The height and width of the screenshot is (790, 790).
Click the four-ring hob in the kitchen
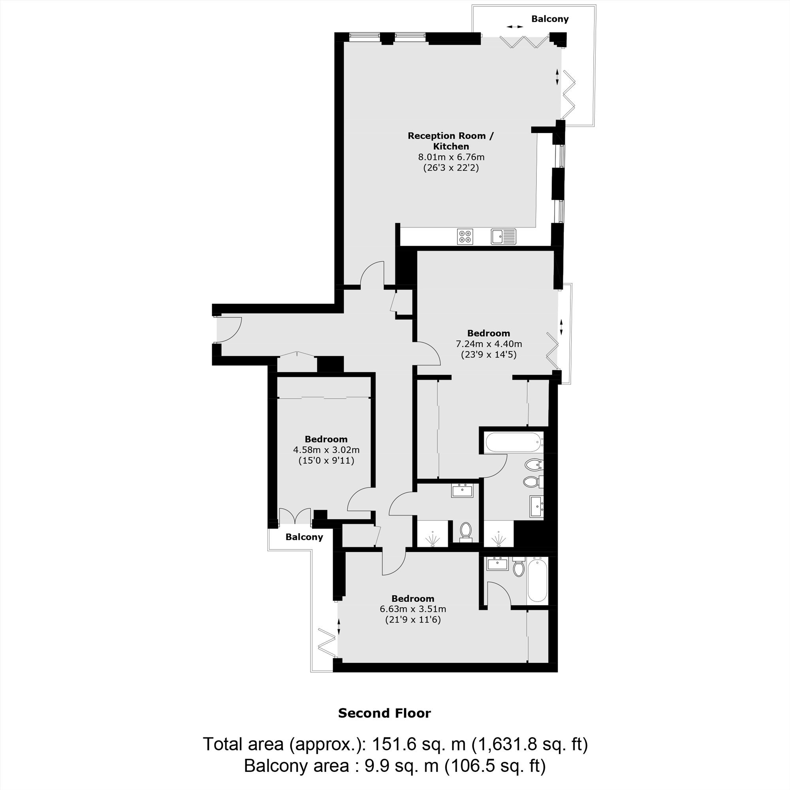click(x=465, y=236)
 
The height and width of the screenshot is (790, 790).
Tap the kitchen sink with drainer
click(x=503, y=236)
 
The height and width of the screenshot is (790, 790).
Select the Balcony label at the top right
click(x=549, y=19)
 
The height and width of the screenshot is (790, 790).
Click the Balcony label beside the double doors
click(x=304, y=537)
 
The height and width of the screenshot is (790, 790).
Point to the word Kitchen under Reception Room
click(x=451, y=146)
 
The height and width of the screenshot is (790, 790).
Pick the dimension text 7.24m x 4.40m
click(x=489, y=344)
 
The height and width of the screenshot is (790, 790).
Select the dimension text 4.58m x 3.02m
click(x=326, y=450)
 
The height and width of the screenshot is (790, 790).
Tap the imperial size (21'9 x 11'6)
click(x=413, y=619)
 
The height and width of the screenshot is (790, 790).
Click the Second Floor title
click(x=384, y=713)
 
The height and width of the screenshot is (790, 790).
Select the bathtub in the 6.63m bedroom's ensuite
click(x=537, y=580)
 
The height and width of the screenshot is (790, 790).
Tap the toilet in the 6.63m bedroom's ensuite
click(x=519, y=567)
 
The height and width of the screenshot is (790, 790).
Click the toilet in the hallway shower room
click(x=466, y=530)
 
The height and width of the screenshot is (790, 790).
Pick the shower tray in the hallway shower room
click(x=433, y=533)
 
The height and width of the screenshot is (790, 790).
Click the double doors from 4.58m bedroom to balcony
click(x=295, y=516)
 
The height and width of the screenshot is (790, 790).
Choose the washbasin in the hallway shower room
click(x=462, y=491)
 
